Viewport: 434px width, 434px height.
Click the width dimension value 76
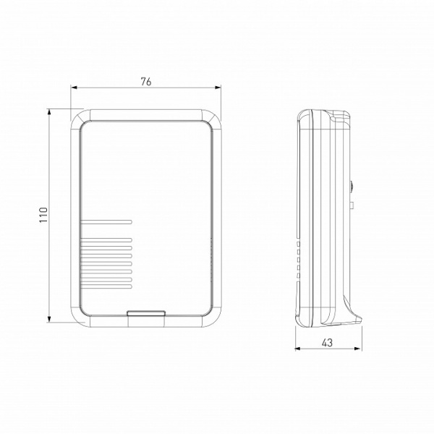pos(145,82)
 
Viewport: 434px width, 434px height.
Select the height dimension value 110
pos(43,215)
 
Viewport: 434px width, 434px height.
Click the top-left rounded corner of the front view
pos(79,116)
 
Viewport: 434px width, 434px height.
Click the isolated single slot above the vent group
pos(105,221)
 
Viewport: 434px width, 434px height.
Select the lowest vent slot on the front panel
pos(105,287)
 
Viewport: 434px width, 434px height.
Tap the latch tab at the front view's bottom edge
pos(145,314)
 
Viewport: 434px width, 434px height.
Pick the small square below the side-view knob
pos(351,205)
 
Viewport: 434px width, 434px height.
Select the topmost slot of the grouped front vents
pos(105,239)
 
